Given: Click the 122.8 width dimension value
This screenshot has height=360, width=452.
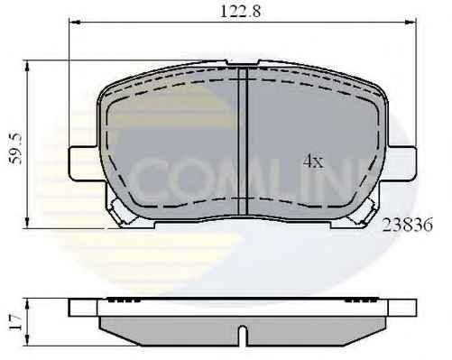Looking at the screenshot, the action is click(x=241, y=12).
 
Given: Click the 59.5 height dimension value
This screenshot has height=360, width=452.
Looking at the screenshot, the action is click(x=15, y=149).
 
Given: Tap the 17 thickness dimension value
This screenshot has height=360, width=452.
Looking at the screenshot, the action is click(x=14, y=322).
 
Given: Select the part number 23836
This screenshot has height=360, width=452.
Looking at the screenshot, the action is click(x=407, y=225).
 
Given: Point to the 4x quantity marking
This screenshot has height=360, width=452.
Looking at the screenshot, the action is click(x=313, y=162).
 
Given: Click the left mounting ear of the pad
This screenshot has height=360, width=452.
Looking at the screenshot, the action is click(x=84, y=163).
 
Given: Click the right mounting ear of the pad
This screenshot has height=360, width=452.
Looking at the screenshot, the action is click(x=401, y=163).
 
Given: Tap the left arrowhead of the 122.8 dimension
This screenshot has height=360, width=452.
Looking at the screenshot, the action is click(x=74, y=22).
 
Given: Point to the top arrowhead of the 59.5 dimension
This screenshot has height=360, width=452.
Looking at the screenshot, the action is click(x=27, y=65).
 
